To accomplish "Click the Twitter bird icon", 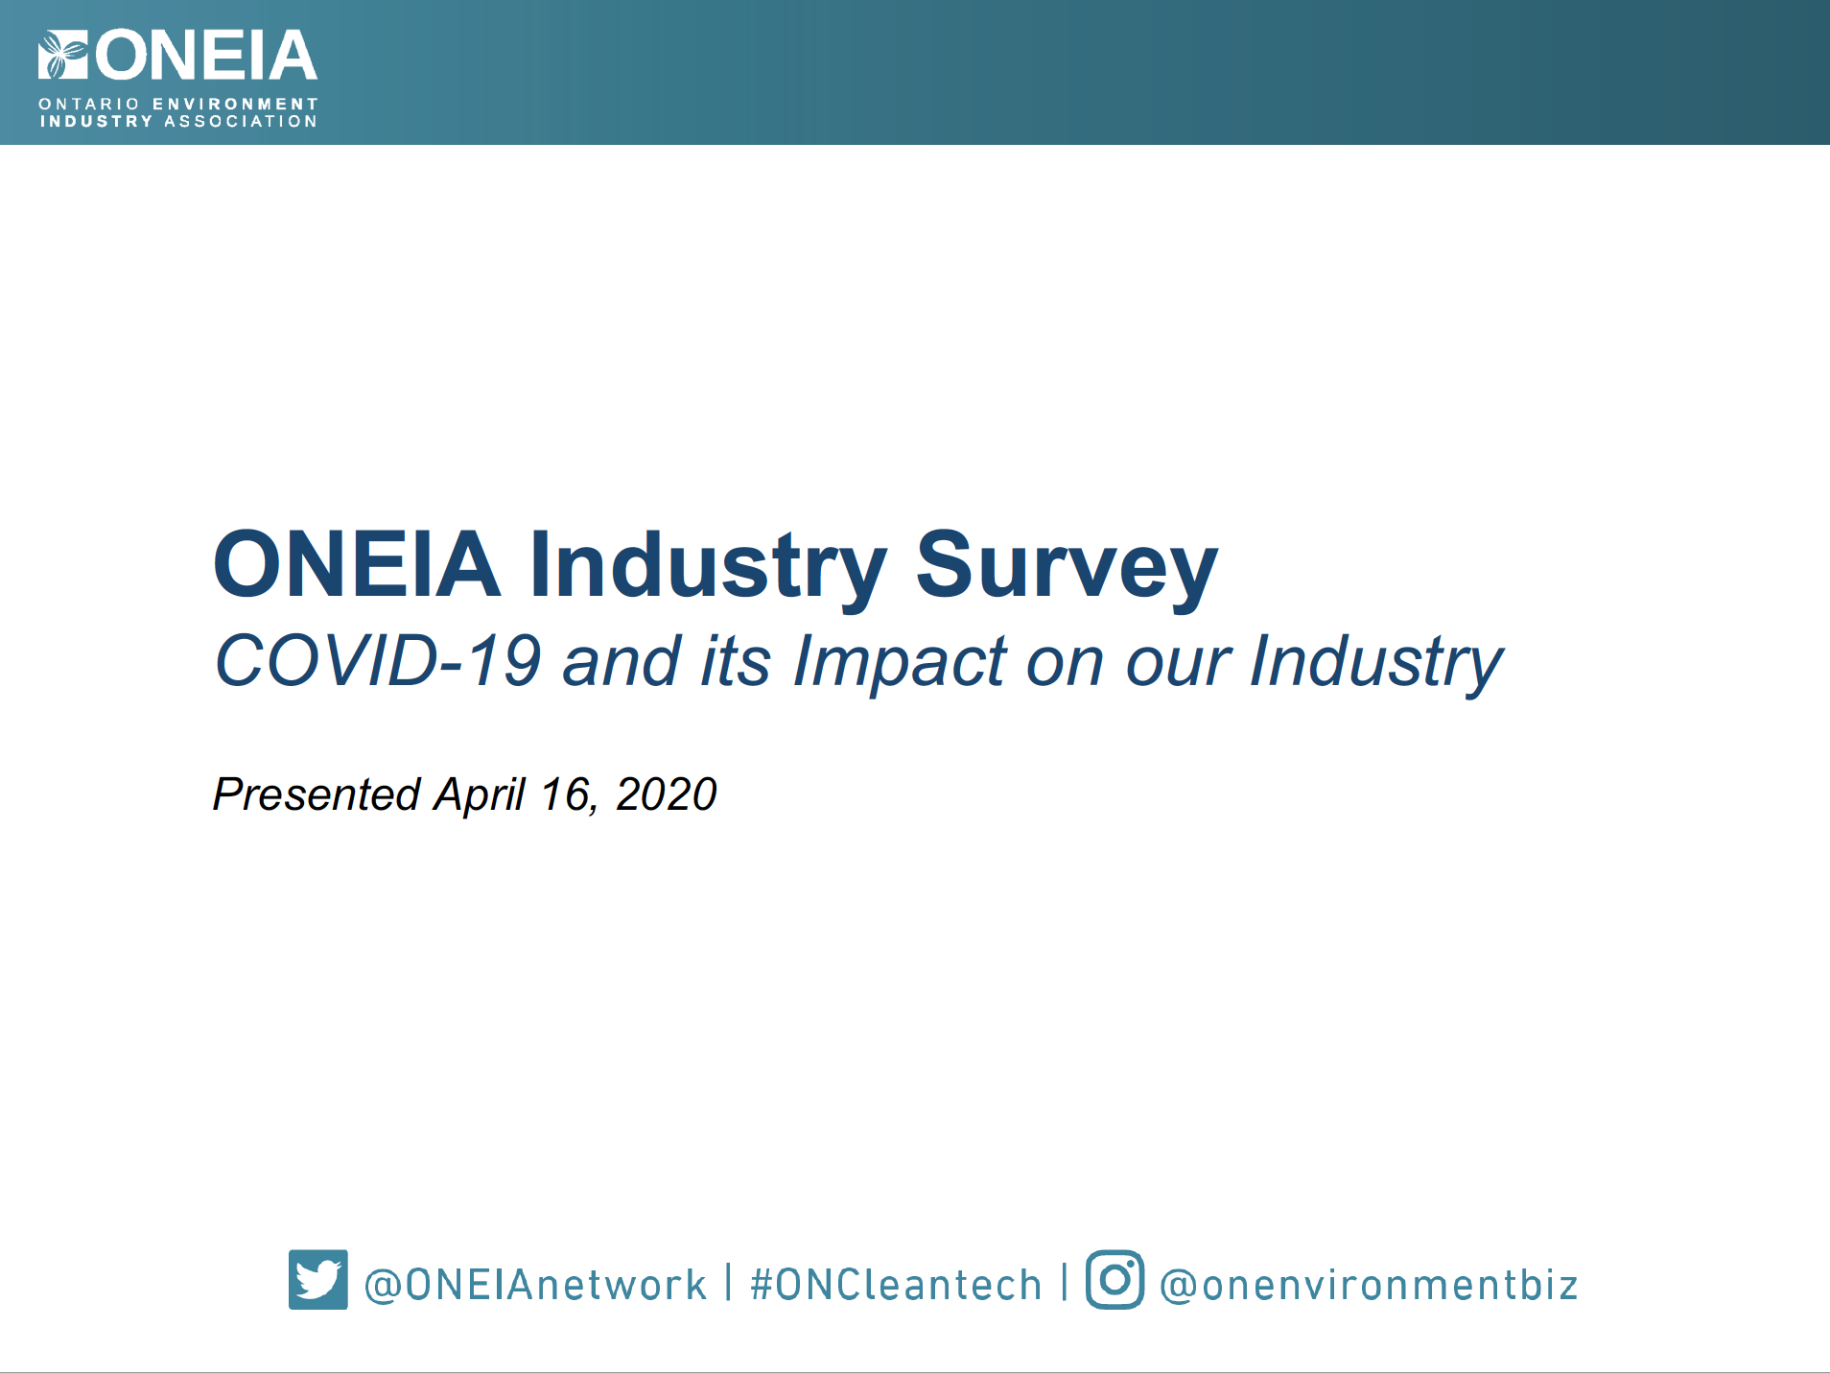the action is coord(317,1279).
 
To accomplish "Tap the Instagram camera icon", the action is coord(1114,1279).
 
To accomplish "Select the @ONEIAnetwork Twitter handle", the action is coord(535,1285).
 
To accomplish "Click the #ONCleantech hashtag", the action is coord(896,1285).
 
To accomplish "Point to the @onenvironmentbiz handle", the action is coord(1369,1285).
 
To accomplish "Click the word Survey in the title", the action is coord(1067,567).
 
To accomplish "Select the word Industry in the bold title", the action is coord(709,567).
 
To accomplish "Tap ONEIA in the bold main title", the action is coord(357,564).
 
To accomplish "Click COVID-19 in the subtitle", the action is coord(378,660).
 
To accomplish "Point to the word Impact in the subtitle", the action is coord(900,663).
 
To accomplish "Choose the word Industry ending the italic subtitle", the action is coord(1376,663).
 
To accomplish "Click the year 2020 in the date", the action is coord(666,794).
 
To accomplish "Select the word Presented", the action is coord(317,794).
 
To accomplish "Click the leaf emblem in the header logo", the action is coord(63,55).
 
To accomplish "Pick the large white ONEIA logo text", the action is coord(206,56).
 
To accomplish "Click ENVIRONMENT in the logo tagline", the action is coord(235,104).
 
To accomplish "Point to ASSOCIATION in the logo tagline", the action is coord(241,121).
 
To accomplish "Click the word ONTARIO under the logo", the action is coord(89,104).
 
